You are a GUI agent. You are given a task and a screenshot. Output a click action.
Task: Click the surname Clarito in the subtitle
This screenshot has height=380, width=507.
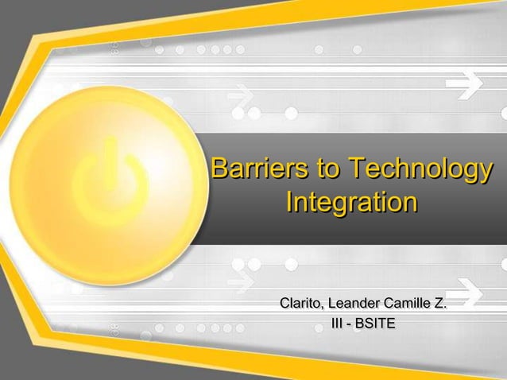[x=300, y=304]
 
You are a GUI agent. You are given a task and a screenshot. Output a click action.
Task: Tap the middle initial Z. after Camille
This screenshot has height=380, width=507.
[x=439, y=304]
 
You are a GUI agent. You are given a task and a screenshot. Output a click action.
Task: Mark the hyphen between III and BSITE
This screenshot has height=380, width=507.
[x=350, y=324]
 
